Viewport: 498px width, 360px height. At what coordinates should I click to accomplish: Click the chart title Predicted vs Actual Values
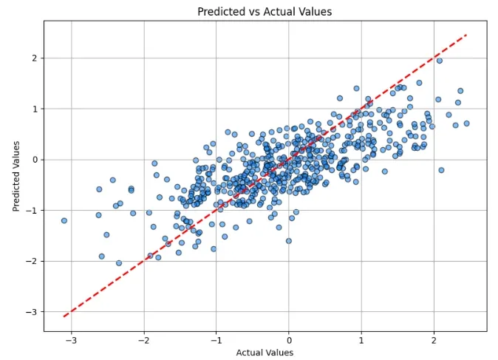265,11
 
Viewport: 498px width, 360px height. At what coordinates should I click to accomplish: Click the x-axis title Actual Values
265,353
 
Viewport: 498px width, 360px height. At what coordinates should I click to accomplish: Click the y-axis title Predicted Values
16,176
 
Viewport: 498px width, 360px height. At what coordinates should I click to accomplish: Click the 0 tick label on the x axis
289,341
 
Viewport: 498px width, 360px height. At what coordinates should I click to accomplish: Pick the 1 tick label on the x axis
361,341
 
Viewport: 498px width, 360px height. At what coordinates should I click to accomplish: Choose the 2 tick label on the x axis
434,341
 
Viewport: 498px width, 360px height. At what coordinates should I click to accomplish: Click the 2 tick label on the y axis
34,58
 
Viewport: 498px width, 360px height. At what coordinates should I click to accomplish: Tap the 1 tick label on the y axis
34,109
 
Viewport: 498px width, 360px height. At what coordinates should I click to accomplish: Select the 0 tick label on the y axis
34,160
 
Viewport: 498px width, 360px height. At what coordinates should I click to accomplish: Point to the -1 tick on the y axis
32,211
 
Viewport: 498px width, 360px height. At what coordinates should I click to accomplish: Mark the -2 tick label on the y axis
32,262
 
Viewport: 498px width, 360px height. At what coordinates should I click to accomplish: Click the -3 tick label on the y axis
32,313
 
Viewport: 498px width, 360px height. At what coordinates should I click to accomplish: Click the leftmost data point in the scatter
64,220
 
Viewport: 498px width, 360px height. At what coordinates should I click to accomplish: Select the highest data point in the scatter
439,61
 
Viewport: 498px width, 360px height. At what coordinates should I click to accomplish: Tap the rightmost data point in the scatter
466,123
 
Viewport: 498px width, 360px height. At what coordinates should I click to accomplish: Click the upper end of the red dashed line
466,35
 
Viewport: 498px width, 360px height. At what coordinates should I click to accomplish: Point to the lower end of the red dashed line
64,316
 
